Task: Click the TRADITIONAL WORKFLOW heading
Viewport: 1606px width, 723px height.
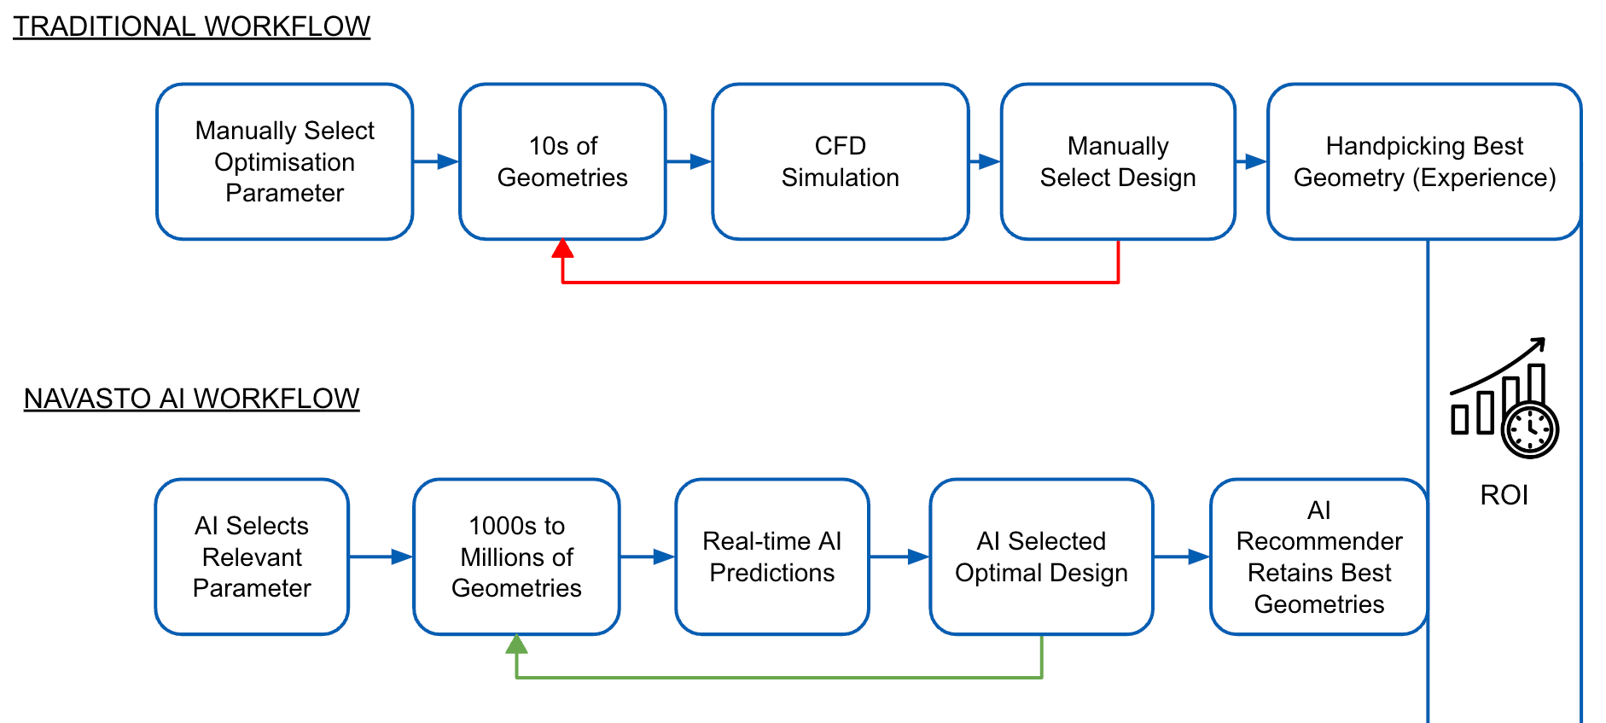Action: pyautogui.click(x=191, y=26)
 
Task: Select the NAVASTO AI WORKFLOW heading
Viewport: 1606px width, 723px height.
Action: pyautogui.click(x=191, y=399)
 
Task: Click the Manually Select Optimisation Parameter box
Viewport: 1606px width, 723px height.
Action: pyautogui.click(x=284, y=161)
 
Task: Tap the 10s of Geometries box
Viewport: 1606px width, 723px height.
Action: pyautogui.click(x=562, y=161)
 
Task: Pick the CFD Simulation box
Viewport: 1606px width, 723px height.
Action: pyautogui.click(x=840, y=161)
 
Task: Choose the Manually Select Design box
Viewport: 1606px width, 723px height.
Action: pyautogui.click(x=1117, y=161)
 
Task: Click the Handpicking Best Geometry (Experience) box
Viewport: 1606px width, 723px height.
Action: pyautogui.click(x=1423, y=161)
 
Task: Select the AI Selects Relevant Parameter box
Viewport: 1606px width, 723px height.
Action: pyautogui.click(x=252, y=557)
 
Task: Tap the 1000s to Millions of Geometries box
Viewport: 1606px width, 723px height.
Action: pyautogui.click(x=516, y=557)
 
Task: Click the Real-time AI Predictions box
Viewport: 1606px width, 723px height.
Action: pyautogui.click(x=771, y=557)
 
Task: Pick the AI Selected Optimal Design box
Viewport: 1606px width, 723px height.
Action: pyautogui.click(x=1041, y=557)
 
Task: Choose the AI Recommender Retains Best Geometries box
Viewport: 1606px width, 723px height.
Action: pyautogui.click(x=1318, y=557)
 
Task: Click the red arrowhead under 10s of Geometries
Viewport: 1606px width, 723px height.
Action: pyautogui.click(x=562, y=248)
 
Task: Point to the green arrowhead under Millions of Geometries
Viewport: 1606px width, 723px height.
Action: pyautogui.click(x=516, y=644)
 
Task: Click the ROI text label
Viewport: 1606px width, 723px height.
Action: pyautogui.click(x=1504, y=495)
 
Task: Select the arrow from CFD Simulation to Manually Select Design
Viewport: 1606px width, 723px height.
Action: pyautogui.click(x=985, y=161)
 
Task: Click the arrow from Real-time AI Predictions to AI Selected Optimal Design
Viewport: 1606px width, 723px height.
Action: pyautogui.click(x=899, y=557)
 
